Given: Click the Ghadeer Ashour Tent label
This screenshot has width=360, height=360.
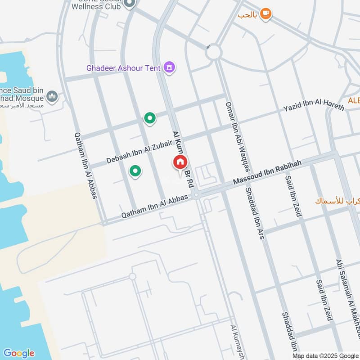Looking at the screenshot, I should pos(124,68).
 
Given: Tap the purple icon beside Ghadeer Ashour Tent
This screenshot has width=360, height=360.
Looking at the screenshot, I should pos(170,67).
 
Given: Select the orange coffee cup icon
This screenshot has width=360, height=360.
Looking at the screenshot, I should pos(266,13).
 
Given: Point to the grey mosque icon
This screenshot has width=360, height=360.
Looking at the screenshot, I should pos(53,96).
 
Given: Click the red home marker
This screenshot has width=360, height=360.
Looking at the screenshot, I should pos(180,163).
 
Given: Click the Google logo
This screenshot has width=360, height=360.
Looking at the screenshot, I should pos(18,353).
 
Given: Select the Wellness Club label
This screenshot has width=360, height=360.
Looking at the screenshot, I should pos(97,6).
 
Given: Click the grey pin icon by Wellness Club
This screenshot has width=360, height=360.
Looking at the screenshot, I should pos(130,4).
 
